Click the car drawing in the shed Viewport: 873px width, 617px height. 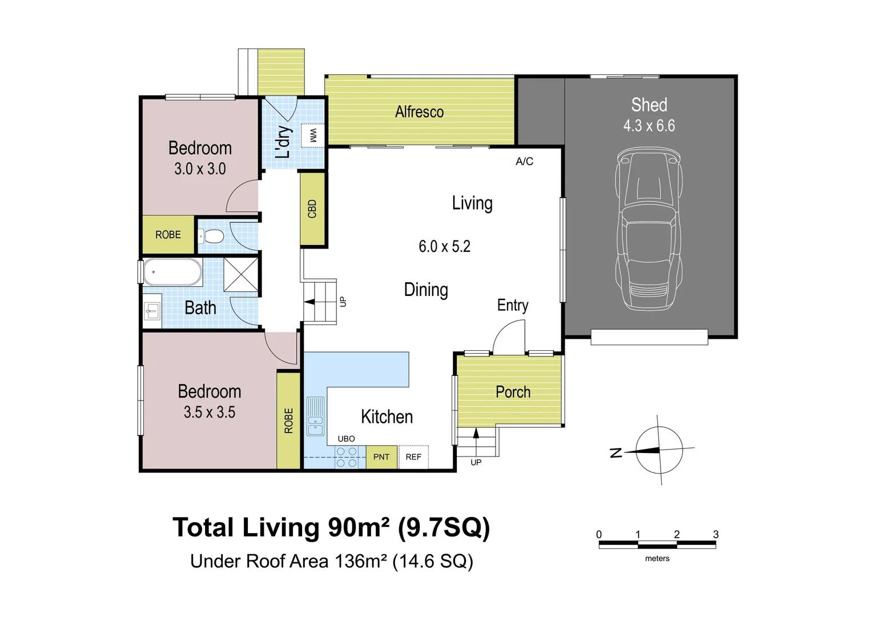pos(649,229)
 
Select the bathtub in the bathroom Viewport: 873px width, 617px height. pos(172,272)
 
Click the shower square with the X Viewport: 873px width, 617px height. pos(241,274)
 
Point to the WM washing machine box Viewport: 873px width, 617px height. pos(313,135)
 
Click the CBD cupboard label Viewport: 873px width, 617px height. pos(312,209)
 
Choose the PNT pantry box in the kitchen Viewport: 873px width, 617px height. pos(381,456)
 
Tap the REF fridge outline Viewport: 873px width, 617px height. pos(413,456)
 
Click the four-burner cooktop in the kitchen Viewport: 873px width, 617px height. pos(347,456)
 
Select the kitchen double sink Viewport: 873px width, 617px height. pos(315,416)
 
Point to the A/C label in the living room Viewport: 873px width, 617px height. pos(524,162)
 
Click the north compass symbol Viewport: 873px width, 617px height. pos(655,450)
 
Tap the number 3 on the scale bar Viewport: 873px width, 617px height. pos(715,534)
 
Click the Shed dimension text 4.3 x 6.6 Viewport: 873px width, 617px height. pos(649,126)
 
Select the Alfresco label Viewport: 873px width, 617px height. pos(419,112)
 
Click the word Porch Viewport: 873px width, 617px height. pos(513,392)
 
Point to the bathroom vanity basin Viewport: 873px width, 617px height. pos(152,311)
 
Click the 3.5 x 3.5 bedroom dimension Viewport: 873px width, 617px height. pos(210,412)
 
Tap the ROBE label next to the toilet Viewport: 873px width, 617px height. pos(168,235)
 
